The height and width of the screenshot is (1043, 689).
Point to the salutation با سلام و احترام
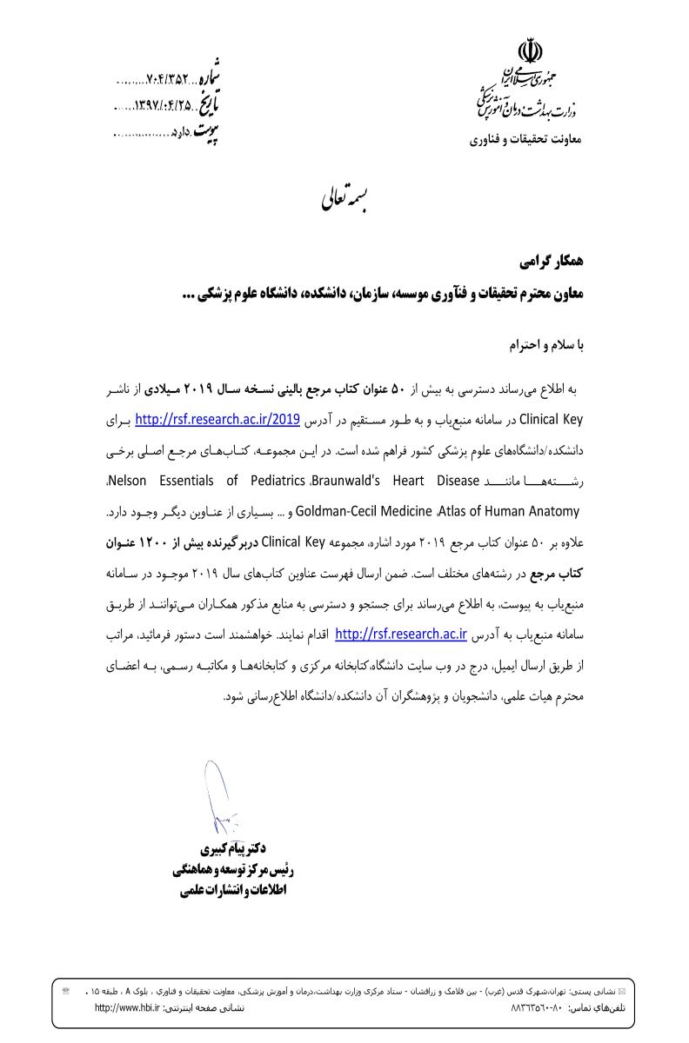pos(547,346)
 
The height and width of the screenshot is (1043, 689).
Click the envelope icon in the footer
pos(621,992)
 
